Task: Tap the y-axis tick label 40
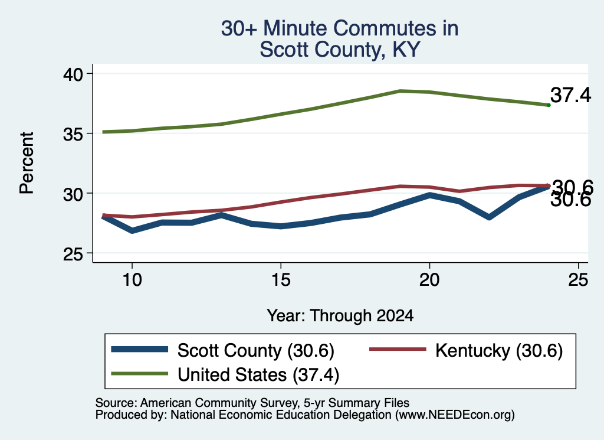(x=73, y=74)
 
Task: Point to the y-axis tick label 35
(x=73, y=134)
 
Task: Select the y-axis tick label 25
(x=73, y=254)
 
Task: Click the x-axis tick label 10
(x=132, y=279)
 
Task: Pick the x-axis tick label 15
(x=281, y=279)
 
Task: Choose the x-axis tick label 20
(x=429, y=279)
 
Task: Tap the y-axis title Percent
(x=27, y=163)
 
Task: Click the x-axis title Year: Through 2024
(x=340, y=315)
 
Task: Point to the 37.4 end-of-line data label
(x=570, y=95)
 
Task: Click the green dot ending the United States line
(x=549, y=105)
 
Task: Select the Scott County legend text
(x=256, y=351)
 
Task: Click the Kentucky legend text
(x=499, y=351)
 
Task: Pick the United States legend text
(x=258, y=375)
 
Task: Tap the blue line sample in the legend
(x=139, y=350)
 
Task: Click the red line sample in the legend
(x=398, y=350)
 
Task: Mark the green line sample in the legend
(x=139, y=373)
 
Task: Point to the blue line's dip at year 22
(x=489, y=217)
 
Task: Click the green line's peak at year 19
(x=401, y=91)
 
